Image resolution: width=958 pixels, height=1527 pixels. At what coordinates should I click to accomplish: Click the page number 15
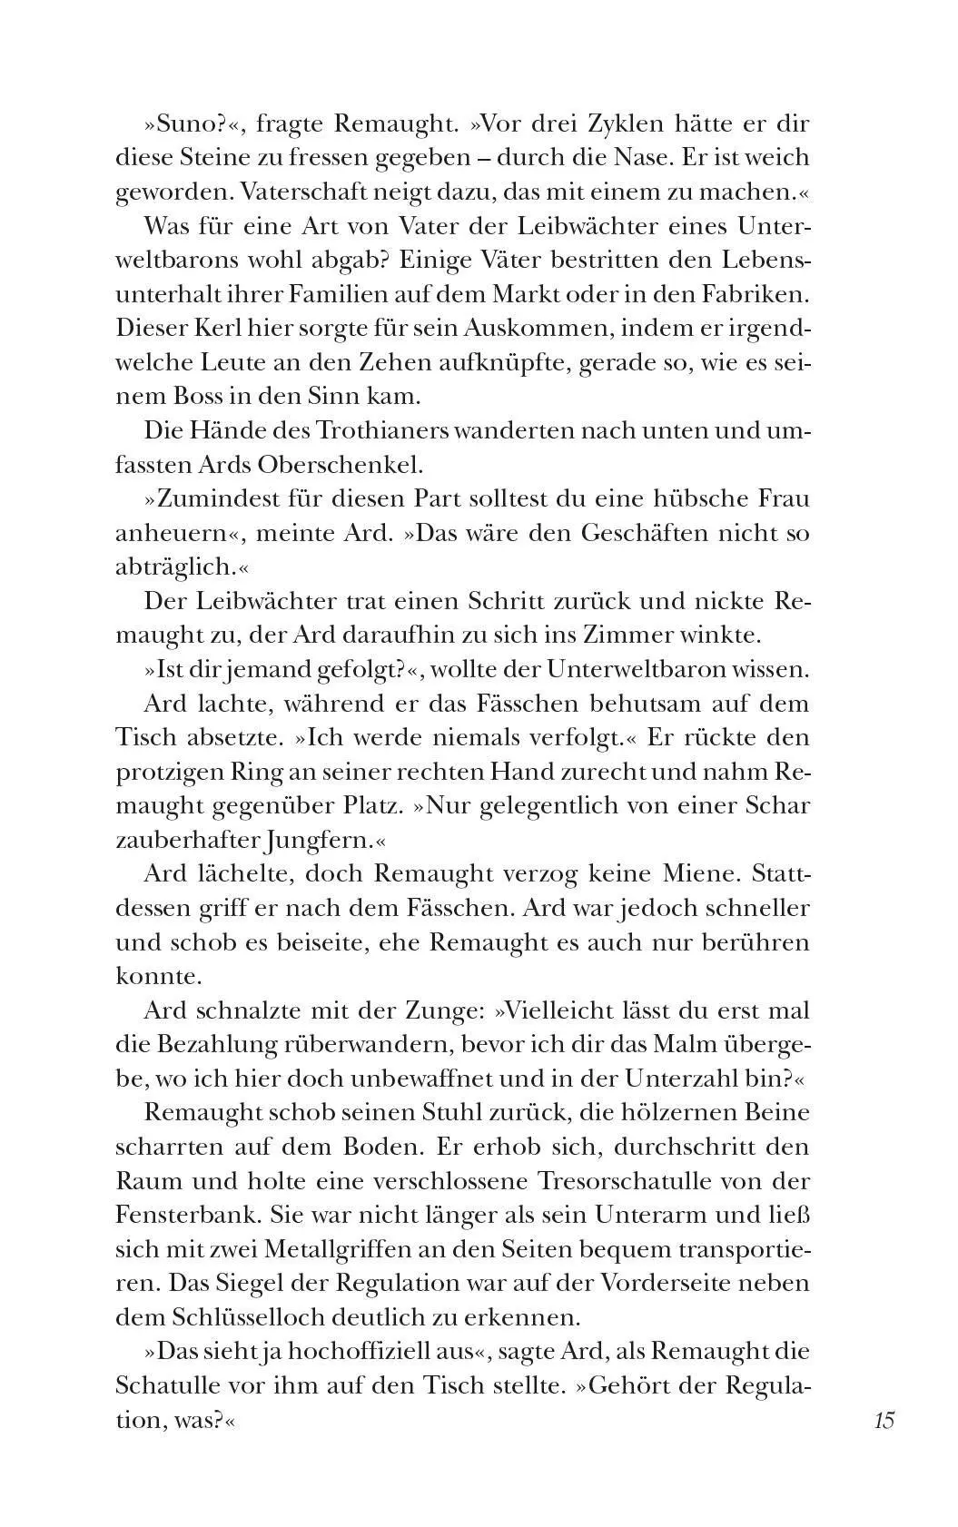tap(884, 1420)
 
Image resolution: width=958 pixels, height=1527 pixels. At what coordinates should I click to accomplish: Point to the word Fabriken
tap(752, 294)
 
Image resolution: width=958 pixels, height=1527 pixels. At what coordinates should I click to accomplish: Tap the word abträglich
tap(173, 566)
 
